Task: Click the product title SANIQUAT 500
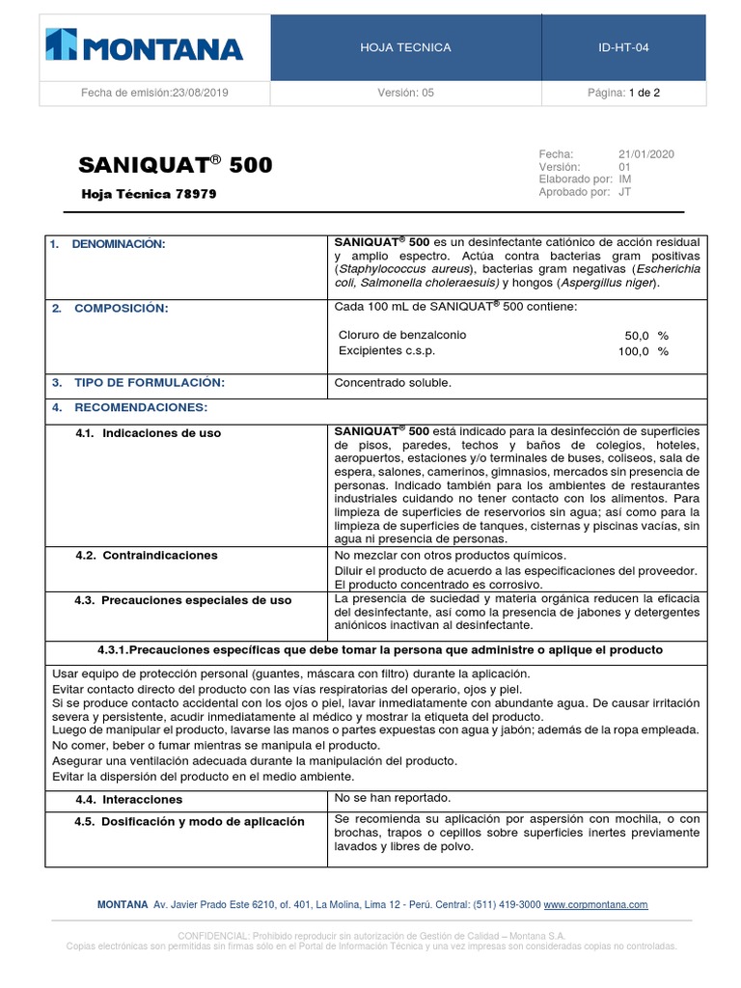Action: [x=176, y=165]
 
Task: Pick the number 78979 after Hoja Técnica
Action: [x=196, y=194]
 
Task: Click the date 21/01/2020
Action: [x=646, y=153]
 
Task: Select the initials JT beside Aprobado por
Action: [x=625, y=192]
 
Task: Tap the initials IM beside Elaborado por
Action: [x=625, y=179]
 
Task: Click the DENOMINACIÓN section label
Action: [x=119, y=244]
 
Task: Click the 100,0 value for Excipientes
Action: [x=634, y=351]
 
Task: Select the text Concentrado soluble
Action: [x=393, y=383]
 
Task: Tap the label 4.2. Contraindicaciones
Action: [x=147, y=556]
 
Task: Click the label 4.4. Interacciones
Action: [x=128, y=800]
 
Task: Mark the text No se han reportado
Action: [x=392, y=798]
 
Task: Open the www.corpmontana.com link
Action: [x=595, y=905]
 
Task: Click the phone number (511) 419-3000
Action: [x=506, y=905]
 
